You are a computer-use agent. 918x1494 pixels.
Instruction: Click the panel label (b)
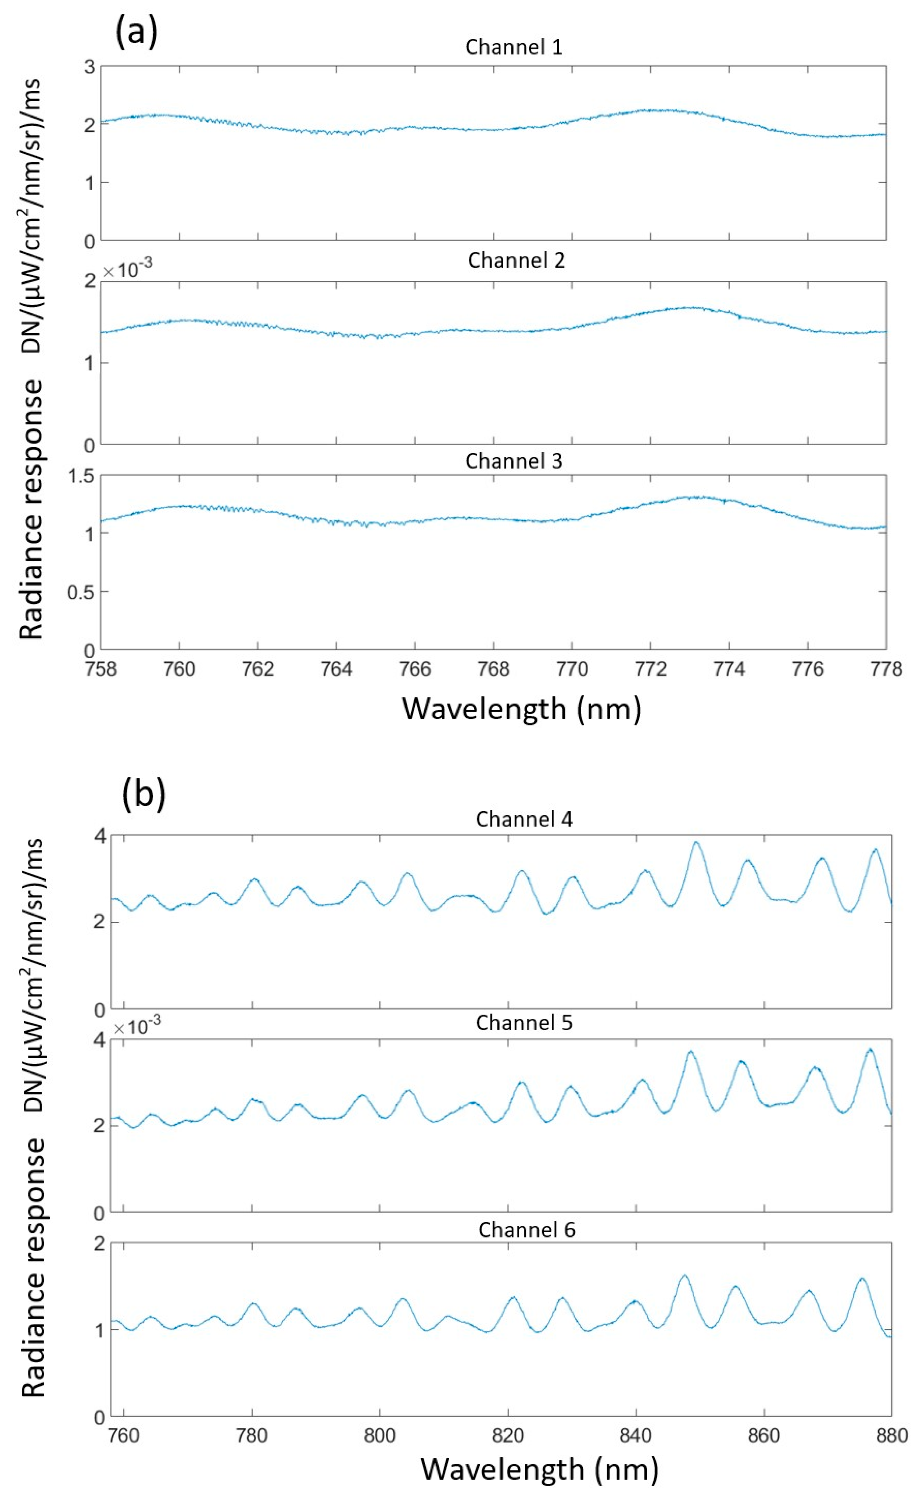144,795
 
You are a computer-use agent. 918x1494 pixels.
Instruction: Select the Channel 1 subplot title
514,47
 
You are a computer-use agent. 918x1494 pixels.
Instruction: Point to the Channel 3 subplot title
514,461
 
